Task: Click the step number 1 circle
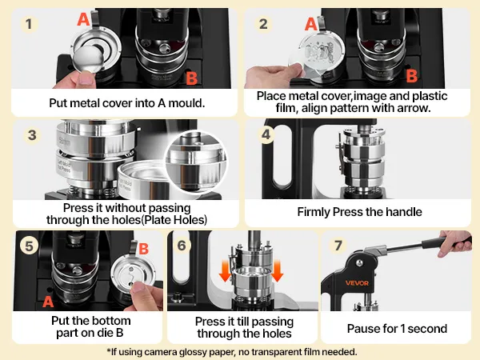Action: (29, 24)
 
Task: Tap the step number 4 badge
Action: (266, 134)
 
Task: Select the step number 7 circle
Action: (338, 246)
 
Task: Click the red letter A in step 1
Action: (83, 19)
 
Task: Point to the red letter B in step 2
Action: (411, 76)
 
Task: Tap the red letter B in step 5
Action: (143, 249)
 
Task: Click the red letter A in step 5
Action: (48, 302)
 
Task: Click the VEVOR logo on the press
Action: (357, 283)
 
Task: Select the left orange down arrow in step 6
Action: (225, 270)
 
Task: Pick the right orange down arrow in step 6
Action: (277, 270)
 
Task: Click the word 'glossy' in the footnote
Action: (196, 352)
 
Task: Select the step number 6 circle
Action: (182, 246)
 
